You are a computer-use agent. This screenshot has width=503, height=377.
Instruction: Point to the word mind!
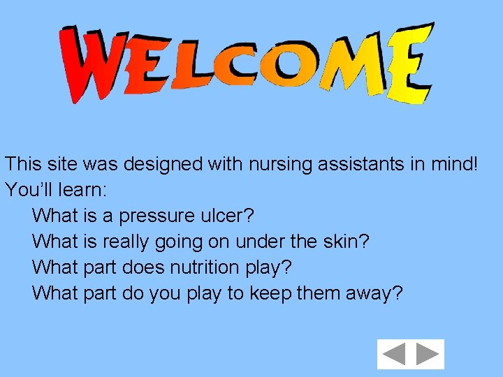click(x=461, y=165)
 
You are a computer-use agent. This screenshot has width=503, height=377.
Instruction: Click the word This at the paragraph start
click(x=23, y=165)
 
